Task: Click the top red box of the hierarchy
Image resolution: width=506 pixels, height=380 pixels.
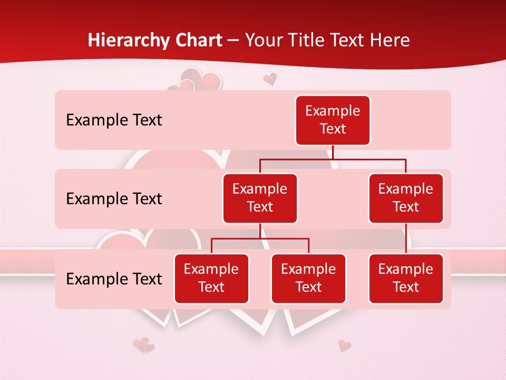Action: [333, 120]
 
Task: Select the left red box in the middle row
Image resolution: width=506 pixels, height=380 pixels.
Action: [260, 198]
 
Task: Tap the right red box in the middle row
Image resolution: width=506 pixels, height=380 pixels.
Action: [406, 198]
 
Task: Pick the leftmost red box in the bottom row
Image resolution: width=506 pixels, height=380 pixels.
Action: [211, 278]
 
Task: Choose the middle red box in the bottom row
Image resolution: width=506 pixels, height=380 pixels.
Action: [308, 278]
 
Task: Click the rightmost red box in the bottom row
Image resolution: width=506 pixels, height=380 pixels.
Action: [406, 278]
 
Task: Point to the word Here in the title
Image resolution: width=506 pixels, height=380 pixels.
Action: [391, 41]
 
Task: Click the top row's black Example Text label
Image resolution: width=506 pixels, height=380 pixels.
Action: [114, 120]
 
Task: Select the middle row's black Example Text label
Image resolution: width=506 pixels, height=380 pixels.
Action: [114, 199]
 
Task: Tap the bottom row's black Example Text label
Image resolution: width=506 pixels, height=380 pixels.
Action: [114, 279]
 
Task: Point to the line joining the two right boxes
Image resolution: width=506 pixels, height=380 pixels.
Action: [406, 239]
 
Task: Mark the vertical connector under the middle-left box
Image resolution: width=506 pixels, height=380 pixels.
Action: [260, 231]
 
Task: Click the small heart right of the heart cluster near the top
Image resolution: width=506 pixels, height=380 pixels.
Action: [270, 79]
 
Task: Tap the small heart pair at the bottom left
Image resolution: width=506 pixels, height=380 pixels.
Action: [143, 346]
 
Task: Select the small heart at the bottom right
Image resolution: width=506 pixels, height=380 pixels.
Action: [344, 346]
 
